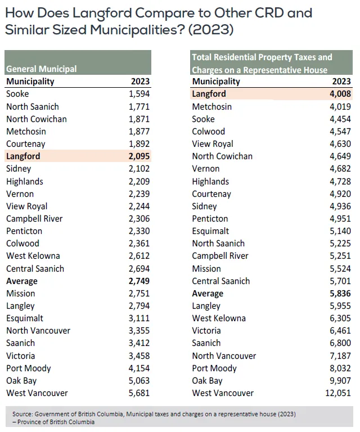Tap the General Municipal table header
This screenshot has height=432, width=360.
41,69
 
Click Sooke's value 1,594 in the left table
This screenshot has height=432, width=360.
139,94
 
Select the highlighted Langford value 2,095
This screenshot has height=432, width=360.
139,156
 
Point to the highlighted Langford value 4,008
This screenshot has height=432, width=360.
340,94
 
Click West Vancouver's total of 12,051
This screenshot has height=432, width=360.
338,393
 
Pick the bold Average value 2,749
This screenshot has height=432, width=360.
139,281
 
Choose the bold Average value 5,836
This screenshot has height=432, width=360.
340,294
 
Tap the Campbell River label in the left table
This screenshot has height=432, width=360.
34,219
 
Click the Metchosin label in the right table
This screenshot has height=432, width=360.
212,107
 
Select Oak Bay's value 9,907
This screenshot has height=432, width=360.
340,381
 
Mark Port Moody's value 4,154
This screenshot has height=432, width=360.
139,368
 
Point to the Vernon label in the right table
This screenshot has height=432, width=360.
206,169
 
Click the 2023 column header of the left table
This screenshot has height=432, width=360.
140,82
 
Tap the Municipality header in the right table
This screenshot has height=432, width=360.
216,82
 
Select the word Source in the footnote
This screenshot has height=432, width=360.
22,414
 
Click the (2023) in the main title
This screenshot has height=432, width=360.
211,30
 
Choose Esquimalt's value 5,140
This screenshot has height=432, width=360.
340,231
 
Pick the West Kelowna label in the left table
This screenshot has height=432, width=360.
33,256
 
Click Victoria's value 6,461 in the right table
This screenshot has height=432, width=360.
340,331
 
